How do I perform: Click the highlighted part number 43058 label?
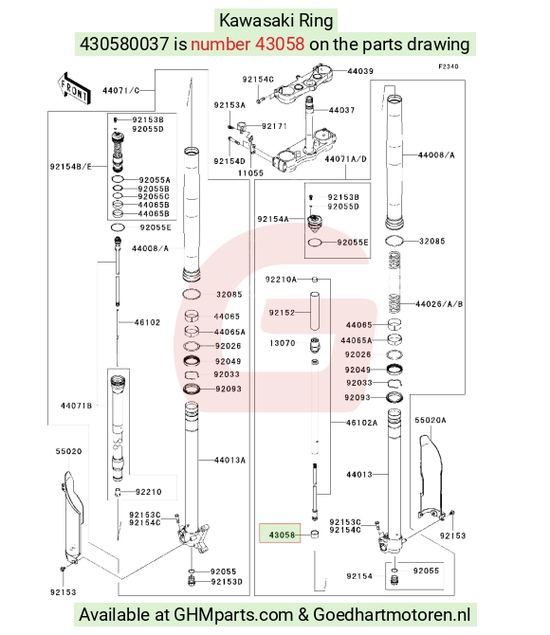(x=282, y=535)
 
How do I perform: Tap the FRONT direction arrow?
(x=73, y=89)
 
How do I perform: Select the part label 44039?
(x=360, y=71)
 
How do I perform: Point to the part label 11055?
(x=250, y=172)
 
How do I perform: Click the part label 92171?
(x=274, y=126)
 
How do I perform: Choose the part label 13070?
(x=283, y=343)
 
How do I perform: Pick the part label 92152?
(x=282, y=312)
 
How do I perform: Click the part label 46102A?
(x=361, y=423)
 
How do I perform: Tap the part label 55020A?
(x=430, y=420)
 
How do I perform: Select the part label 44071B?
(x=76, y=406)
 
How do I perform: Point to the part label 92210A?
(x=281, y=279)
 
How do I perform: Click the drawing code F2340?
(x=449, y=66)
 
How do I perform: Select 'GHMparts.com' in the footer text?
(x=233, y=615)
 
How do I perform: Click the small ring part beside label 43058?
(x=315, y=535)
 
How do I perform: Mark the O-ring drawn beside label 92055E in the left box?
(x=119, y=227)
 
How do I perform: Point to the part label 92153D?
(x=227, y=582)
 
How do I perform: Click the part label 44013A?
(x=229, y=460)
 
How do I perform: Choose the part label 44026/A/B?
(x=439, y=303)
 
